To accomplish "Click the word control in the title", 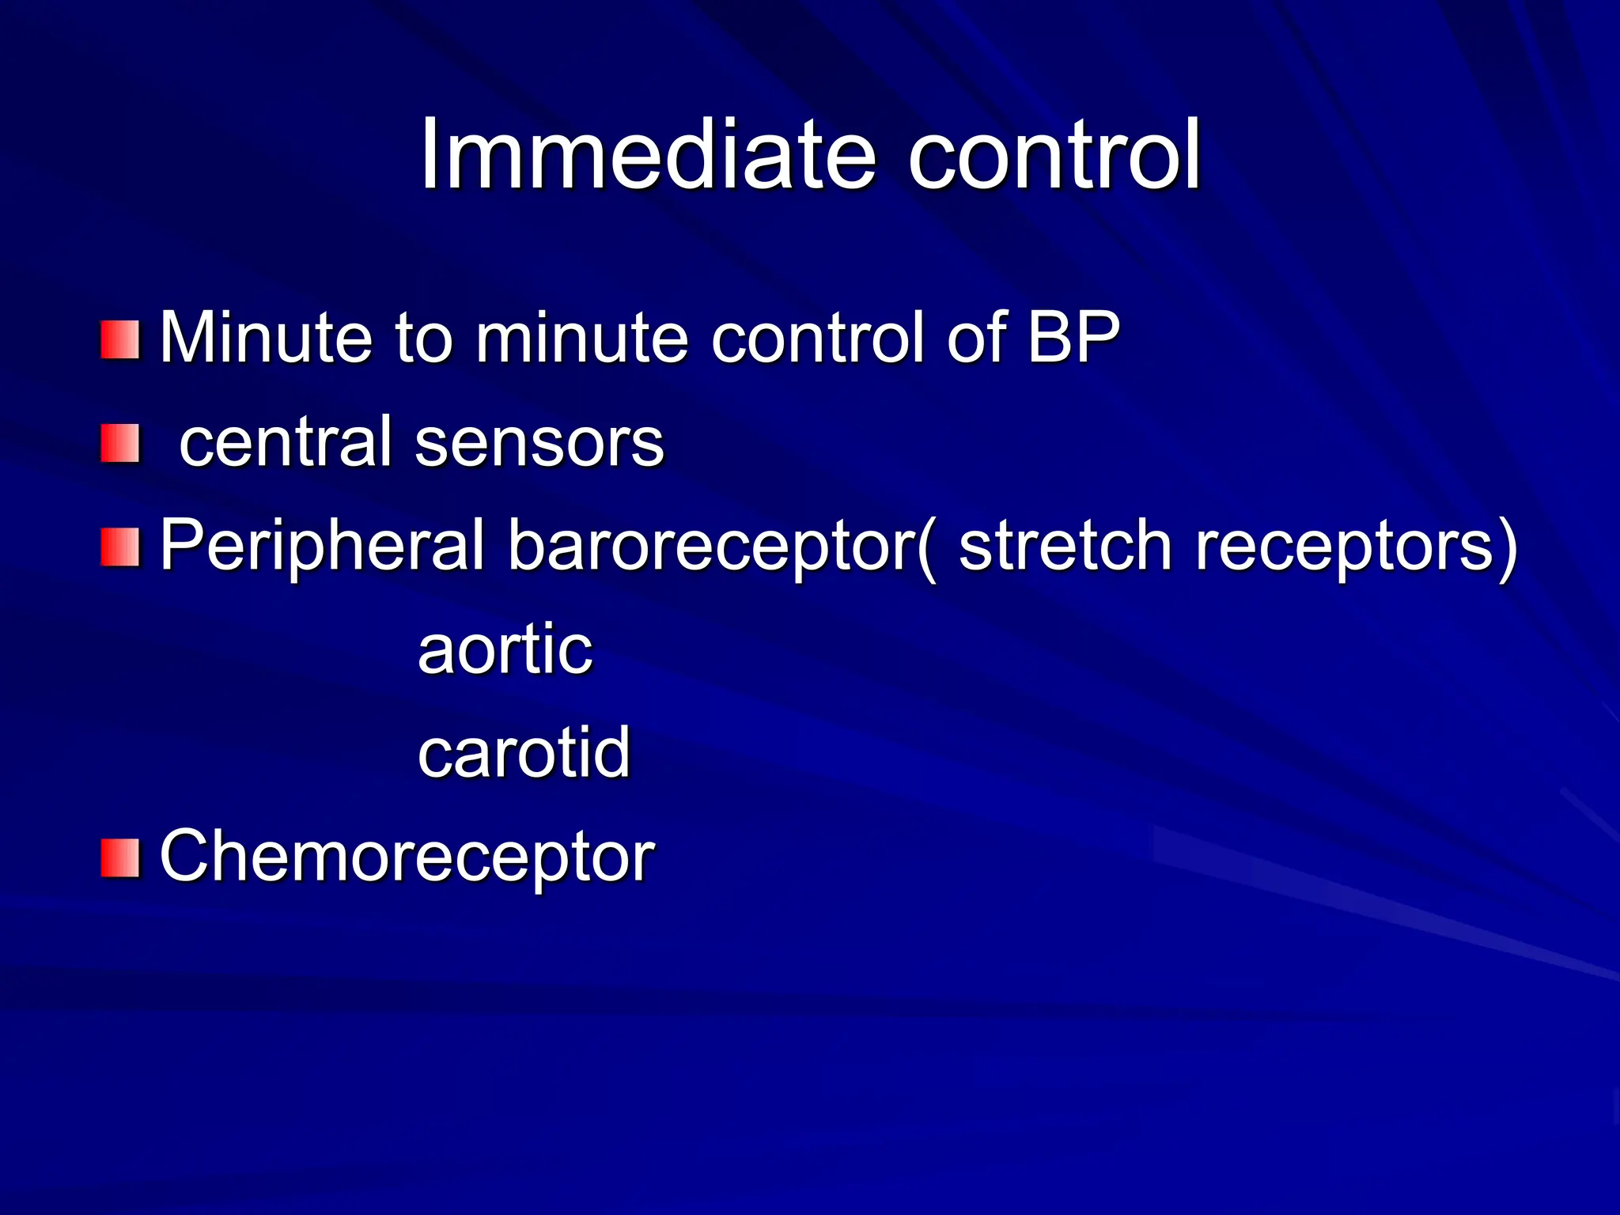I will click(1054, 155).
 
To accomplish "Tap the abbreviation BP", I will click(1073, 338).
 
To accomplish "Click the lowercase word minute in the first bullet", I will click(582, 338).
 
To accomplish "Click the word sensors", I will click(539, 441).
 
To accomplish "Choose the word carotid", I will click(524, 752).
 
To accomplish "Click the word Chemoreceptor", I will click(407, 856).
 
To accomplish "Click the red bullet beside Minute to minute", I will click(120, 340).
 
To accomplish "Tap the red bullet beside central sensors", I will click(120, 444).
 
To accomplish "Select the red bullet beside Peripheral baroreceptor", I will click(120, 547).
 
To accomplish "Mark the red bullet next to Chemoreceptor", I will click(120, 858).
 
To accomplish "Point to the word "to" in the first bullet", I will click(424, 338).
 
